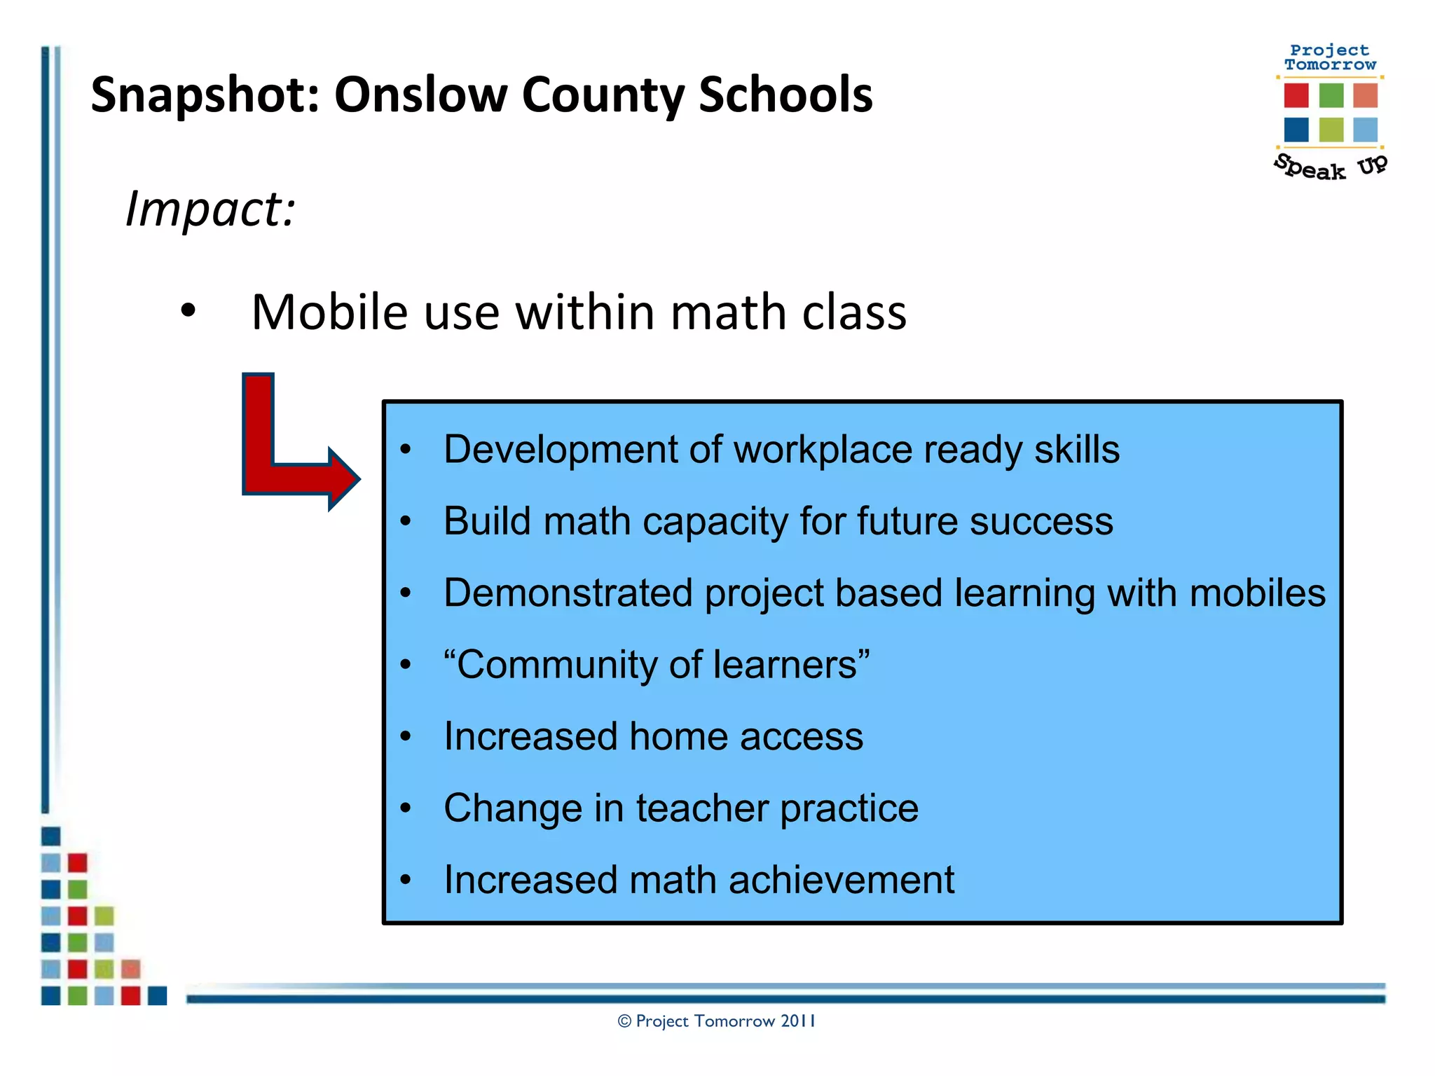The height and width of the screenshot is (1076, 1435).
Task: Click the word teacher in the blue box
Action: point(702,808)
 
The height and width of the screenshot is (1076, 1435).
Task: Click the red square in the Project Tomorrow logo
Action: point(1296,95)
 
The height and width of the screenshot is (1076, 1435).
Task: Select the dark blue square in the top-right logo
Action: point(1296,130)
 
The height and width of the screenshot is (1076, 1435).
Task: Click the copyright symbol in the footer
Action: point(624,1021)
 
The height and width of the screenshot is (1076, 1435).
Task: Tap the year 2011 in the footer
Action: point(798,1021)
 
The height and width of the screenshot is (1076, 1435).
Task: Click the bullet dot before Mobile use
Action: point(188,310)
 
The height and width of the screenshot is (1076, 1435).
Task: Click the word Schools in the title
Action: point(785,95)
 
